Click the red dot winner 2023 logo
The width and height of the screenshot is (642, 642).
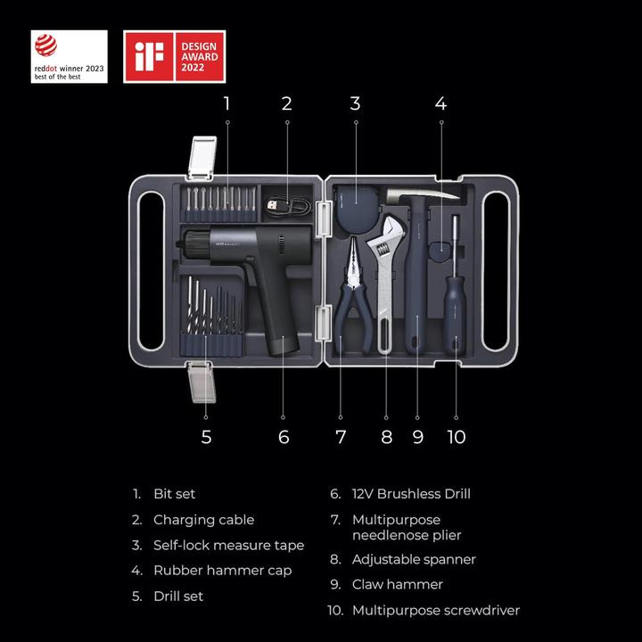69,56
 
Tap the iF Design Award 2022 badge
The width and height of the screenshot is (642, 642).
174,56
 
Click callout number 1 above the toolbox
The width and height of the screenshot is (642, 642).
226,103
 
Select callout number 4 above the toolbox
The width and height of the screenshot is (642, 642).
440,103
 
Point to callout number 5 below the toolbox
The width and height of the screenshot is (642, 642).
206,437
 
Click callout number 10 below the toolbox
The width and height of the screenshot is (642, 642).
457,437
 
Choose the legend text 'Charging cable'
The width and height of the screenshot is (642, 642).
203,520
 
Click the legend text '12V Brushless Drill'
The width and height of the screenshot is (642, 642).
411,494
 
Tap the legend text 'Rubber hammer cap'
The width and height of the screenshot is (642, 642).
222,571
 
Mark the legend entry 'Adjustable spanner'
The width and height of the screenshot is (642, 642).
414,560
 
